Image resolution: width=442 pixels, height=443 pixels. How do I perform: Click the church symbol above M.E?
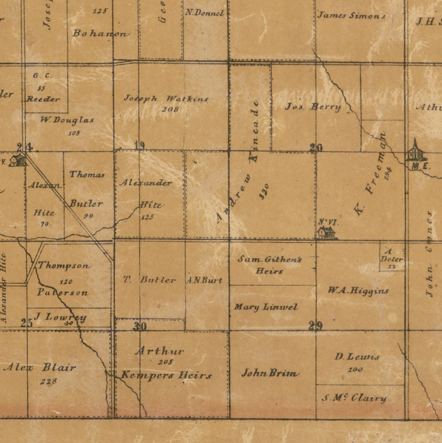coord(415,152)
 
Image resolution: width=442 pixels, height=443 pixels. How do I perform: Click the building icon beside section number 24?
coord(17,160)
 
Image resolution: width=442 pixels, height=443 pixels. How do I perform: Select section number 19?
coord(139,146)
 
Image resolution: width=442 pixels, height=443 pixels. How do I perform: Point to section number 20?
coord(316,148)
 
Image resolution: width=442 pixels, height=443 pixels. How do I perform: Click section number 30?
coord(139,326)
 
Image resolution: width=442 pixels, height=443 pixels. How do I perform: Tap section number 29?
coord(316,325)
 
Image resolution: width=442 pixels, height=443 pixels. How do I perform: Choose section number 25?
coord(27,323)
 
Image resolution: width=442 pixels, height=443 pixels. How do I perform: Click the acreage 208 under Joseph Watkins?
coord(170,109)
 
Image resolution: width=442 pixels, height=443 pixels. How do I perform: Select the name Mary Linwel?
coord(266,307)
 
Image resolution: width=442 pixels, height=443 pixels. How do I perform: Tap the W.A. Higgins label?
coord(358,291)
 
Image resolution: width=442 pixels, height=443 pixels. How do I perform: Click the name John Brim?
coord(270,373)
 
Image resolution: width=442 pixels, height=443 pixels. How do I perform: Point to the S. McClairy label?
coord(354,398)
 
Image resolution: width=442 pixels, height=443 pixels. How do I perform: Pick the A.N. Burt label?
coord(204,280)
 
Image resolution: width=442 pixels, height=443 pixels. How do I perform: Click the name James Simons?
coord(351,15)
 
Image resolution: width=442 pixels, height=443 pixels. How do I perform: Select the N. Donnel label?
coord(205,13)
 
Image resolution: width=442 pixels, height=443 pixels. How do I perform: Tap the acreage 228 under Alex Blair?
coord(49,381)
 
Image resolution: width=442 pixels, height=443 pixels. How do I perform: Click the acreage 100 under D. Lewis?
coord(355,369)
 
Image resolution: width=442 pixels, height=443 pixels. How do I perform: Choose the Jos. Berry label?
coord(313,107)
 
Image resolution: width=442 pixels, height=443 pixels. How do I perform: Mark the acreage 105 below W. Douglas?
coord(74,133)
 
